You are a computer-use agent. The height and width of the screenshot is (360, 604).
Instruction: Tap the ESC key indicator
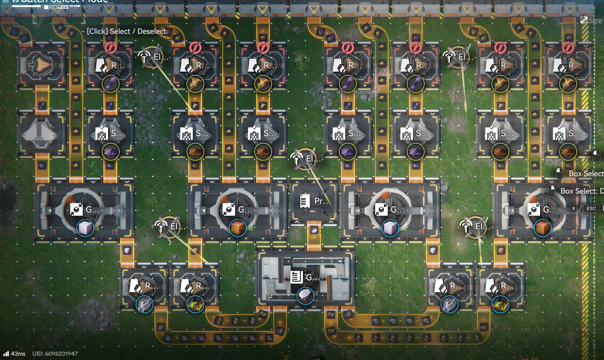(591, 208)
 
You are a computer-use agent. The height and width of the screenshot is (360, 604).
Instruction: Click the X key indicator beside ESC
(573, 208)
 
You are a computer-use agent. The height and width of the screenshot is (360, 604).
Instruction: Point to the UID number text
(55, 354)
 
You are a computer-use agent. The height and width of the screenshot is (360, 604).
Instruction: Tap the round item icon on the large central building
(305, 296)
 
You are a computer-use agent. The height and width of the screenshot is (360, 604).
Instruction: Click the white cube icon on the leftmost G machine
(85, 228)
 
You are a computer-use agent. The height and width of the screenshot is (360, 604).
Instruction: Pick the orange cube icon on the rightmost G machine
(542, 228)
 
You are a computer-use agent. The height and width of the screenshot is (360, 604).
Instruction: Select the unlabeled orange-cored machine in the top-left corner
(41, 65)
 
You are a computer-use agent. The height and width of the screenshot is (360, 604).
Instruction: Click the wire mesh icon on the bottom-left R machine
(144, 304)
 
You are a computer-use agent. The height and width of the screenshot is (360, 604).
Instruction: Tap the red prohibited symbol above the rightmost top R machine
(568, 47)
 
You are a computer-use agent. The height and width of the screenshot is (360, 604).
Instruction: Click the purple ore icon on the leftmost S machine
(111, 152)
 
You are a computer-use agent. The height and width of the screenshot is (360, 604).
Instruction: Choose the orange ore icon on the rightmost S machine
(568, 152)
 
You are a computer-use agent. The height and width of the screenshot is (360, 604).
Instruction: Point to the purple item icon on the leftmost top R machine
(111, 84)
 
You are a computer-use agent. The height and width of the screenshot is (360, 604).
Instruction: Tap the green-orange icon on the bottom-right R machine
(500, 304)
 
